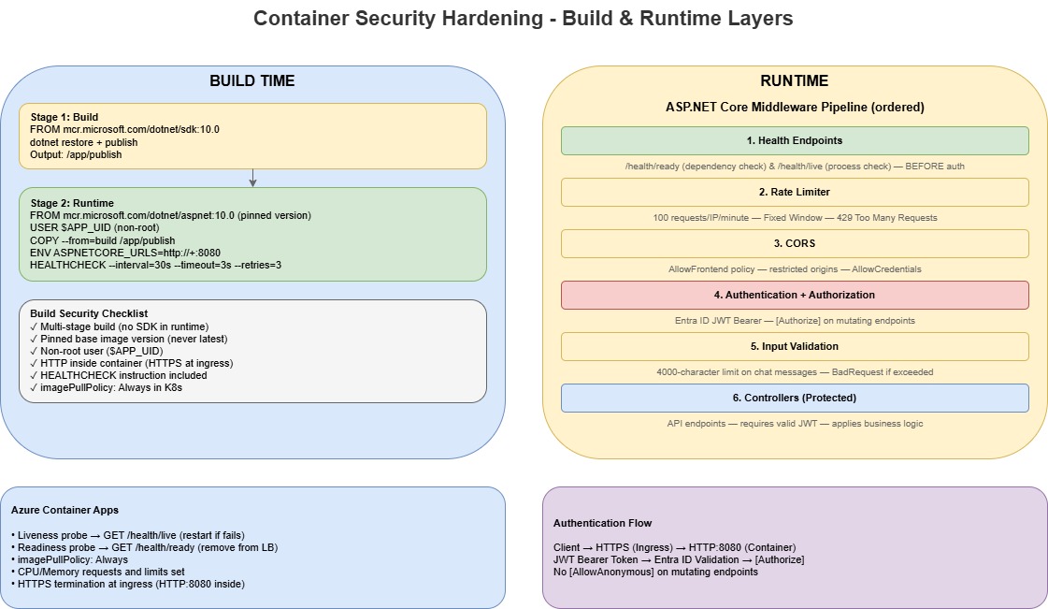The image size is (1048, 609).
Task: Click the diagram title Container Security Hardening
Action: pos(524,18)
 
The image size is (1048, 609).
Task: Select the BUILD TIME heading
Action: pos(251,81)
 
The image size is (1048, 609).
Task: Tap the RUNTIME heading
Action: pos(794,81)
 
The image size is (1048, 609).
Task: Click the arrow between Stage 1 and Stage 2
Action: pos(252,178)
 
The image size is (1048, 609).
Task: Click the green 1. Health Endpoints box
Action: pos(794,140)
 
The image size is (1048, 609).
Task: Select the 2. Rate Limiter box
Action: pos(794,192)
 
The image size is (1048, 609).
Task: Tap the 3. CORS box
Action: pos(794,243)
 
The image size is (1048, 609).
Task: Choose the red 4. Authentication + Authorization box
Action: pos(794,295)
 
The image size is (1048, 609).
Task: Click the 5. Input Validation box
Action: pos(794,346)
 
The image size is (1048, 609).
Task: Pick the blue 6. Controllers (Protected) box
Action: pos(794,398)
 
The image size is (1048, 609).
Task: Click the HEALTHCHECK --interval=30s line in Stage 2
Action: pos(155,265)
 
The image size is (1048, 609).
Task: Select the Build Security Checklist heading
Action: pos(89,313)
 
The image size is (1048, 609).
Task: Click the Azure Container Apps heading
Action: pos(65,511)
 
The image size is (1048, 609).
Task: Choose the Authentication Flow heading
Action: pos(602,523)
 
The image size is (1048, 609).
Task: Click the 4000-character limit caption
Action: pos(794,372)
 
